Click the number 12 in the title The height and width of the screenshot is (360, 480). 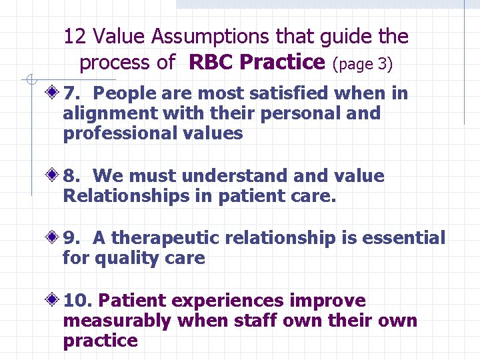point(74,37)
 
